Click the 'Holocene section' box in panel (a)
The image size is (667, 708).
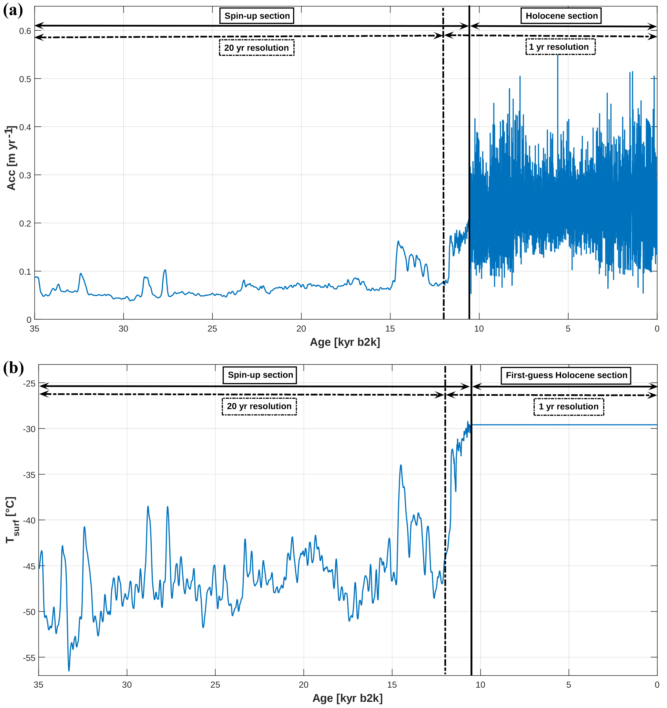pyautogui.click(x=561, y=16)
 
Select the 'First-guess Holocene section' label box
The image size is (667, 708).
pyautogui.click(x=566, y=375)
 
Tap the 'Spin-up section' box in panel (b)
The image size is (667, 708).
pyautogui.click(x=260, y=375)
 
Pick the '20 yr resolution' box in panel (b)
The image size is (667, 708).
pyautogui.click(x=259, y=407)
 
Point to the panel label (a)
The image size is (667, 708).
pyautogui.click(x=13, y=11)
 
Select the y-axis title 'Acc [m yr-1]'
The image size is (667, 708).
pyautogui.click(x=11, y=158)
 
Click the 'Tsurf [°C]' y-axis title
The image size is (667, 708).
pyautogui.click(x=12, y=520)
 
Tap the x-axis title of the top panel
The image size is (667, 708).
pyautogui.click(x=345, y=342)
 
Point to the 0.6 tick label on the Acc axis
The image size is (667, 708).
pyautogui.click(x=25, y=31)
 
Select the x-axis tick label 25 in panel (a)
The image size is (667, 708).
pyautogui.click(x=212, y=329)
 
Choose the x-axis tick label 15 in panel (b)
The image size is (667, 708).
pyautogui.click(x=392, y=685)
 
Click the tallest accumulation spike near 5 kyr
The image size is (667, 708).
pyautogui.click(x=557, y=56)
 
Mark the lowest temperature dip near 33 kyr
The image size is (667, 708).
pyautogui.click(x=69, y=670)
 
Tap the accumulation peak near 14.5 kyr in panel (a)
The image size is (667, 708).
pyautogui.click(x=398, y=241)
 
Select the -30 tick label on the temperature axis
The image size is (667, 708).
pyautogui.click(x=29, y=429)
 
